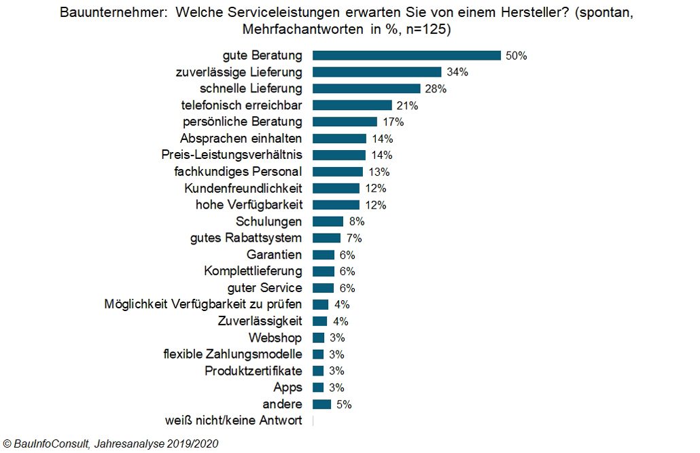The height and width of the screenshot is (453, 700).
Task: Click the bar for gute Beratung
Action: point(406,56)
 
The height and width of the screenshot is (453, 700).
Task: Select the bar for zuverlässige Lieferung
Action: point(377,72)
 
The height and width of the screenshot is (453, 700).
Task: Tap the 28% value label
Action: point(436,89)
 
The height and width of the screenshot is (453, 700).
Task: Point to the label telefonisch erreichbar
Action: point(241,105)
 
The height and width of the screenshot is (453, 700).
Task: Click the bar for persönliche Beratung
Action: point(345,122)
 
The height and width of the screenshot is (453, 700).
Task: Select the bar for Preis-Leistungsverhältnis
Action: point(339,155)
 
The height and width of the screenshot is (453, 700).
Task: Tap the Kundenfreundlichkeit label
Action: point(243,188)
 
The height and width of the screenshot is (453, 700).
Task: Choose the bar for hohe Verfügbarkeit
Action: point(336,204)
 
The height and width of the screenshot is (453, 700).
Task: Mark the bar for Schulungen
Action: point(328,221)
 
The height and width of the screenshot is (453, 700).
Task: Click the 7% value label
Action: point(353,238)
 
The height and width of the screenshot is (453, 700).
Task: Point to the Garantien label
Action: point(275,255)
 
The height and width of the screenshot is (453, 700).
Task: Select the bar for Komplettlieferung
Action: point(323,271)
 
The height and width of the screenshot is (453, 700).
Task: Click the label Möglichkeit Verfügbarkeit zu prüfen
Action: point(203,304)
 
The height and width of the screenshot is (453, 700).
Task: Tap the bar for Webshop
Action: point(318,338)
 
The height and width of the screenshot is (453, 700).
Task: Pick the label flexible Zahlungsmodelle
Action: point(232,355)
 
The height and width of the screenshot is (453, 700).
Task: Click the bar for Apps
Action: point(318,388)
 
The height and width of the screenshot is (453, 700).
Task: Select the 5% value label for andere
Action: point(344,405)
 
